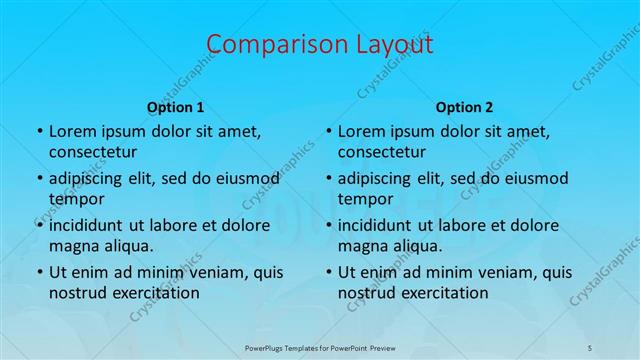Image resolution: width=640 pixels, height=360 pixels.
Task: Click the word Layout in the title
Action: pyautogui.click(x=388, y=45)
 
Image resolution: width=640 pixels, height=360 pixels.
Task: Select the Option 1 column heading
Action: pyautogui.click(x=175, y=106)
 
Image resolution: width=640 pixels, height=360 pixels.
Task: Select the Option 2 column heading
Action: pyautogui.click(x=464, y=106)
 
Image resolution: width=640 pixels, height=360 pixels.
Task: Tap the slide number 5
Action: pyautogui.click(x=590, y=346)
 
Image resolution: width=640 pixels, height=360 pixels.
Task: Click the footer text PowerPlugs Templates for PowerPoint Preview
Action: pyautogui.click(x=320, y=346)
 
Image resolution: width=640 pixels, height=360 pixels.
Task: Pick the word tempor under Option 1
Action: pyautogui.click(x=76, y=198)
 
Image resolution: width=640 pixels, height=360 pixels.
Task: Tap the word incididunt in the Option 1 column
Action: pyautogui.click(x=91, y=225)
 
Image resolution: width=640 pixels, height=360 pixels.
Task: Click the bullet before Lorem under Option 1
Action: pyautogui.click(x=38, y=132)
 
